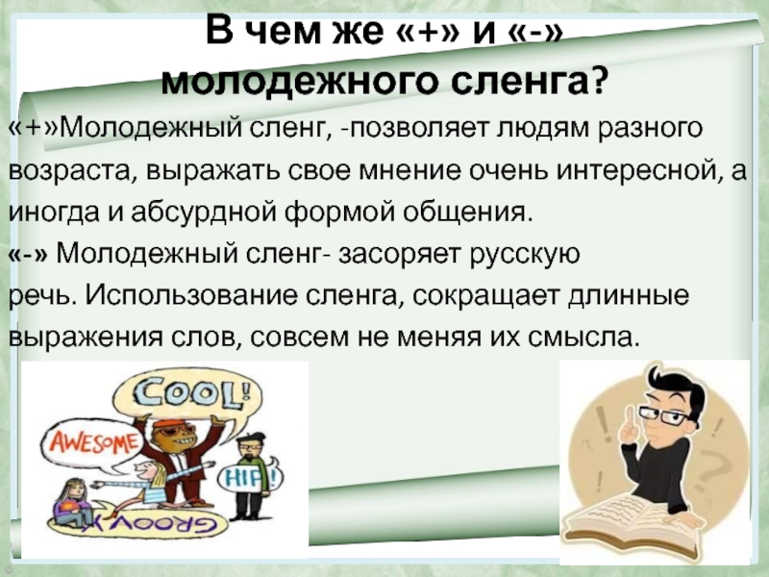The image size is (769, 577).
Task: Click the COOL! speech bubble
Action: pyautogui.click(x=187, y=395)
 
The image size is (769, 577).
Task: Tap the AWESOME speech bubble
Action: pyautogui.click(x=91, y=443)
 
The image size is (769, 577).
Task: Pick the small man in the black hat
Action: pyautogui.click(x=250, y=475)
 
